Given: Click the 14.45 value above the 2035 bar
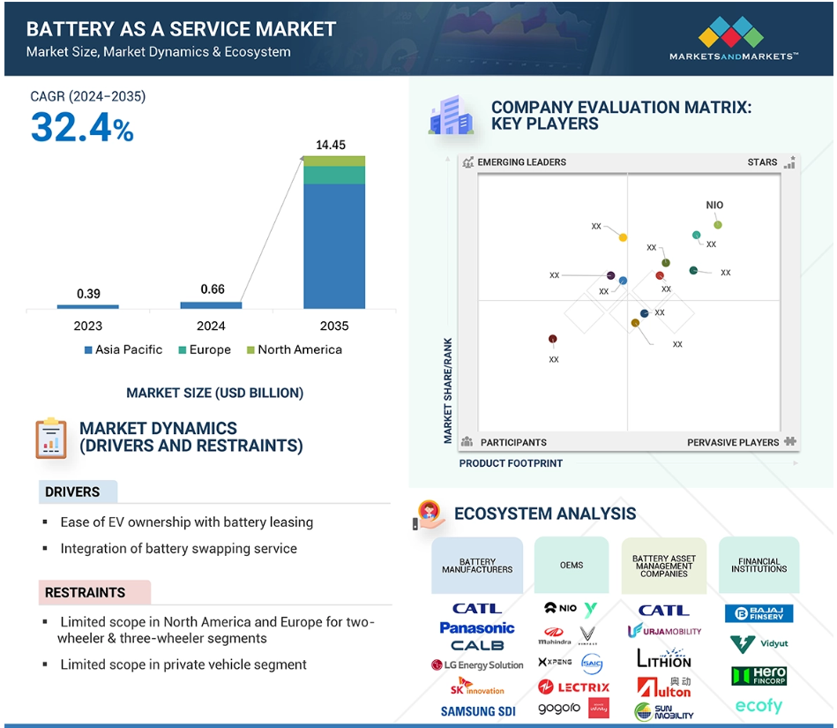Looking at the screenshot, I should click(331, 145).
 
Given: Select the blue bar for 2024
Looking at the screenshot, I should click(211, 305).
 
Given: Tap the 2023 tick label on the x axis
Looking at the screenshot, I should click(88, 326).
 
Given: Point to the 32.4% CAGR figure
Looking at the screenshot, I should click(82, 128).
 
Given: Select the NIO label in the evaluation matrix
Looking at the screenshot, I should click(714, 205).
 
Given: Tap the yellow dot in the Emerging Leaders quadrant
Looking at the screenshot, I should click(623, 237).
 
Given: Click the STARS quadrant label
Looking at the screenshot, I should click(762, 162).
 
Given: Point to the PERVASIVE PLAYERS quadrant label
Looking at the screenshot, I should click(733, 442).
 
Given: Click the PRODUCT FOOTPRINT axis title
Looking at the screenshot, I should click(511, 462).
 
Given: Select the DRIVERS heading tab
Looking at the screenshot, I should click(73, 492).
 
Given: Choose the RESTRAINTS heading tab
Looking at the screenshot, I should click(86, 592).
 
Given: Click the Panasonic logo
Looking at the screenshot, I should click(477, 627).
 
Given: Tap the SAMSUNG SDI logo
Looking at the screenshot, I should click(477, 711).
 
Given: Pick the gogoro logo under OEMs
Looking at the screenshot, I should click(558, 709).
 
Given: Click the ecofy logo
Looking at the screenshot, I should click(759, 706).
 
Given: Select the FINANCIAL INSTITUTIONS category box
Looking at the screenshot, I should click(759, 566).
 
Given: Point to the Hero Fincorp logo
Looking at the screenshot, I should click(759, 676).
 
